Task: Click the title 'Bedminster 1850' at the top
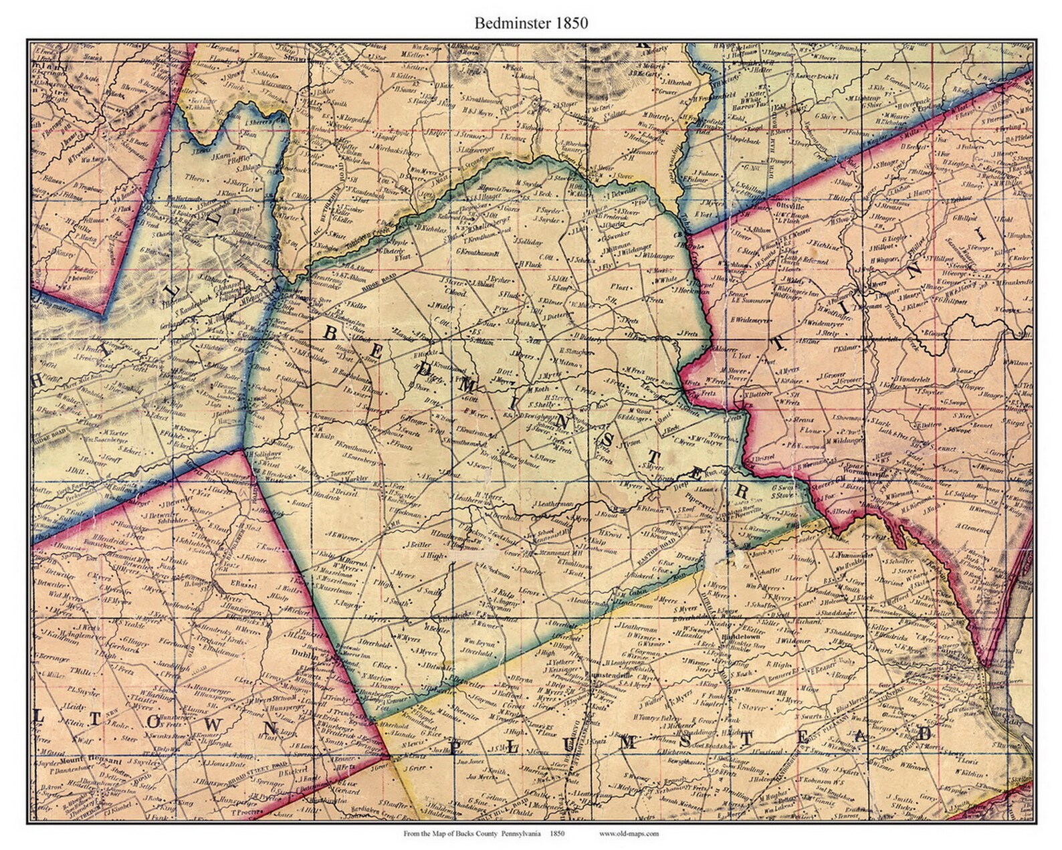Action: coord(531,23)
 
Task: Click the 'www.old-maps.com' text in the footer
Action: coord(629,833)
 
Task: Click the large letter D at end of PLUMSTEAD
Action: coord(925,732)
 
